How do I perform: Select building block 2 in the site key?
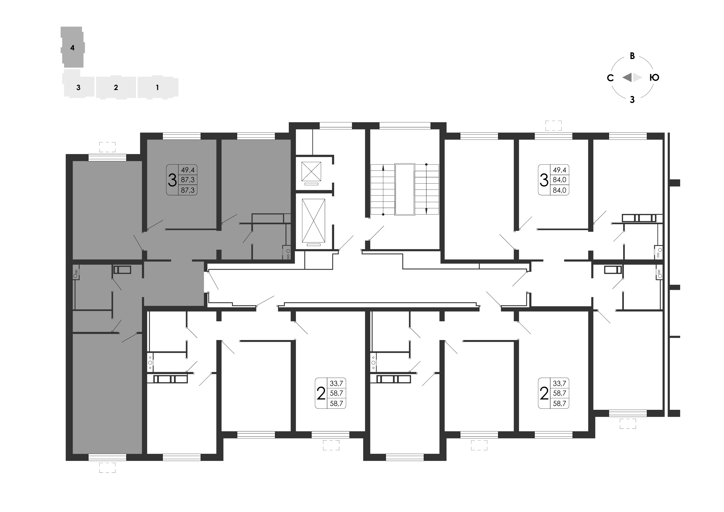tap(116, 87)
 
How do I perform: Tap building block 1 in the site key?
tap(157, 87)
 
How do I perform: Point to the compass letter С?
tap(610, 78)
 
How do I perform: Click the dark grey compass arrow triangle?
tap(627, 77)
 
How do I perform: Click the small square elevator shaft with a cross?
tap(311, 171)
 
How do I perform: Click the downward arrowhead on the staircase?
tap(426, 211)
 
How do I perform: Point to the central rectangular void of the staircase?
tap(405, 189)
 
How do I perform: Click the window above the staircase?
tap(405, 125)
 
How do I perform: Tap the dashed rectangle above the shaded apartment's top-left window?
tap(107, 147)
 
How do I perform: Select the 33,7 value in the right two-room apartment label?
tap(559, 383)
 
